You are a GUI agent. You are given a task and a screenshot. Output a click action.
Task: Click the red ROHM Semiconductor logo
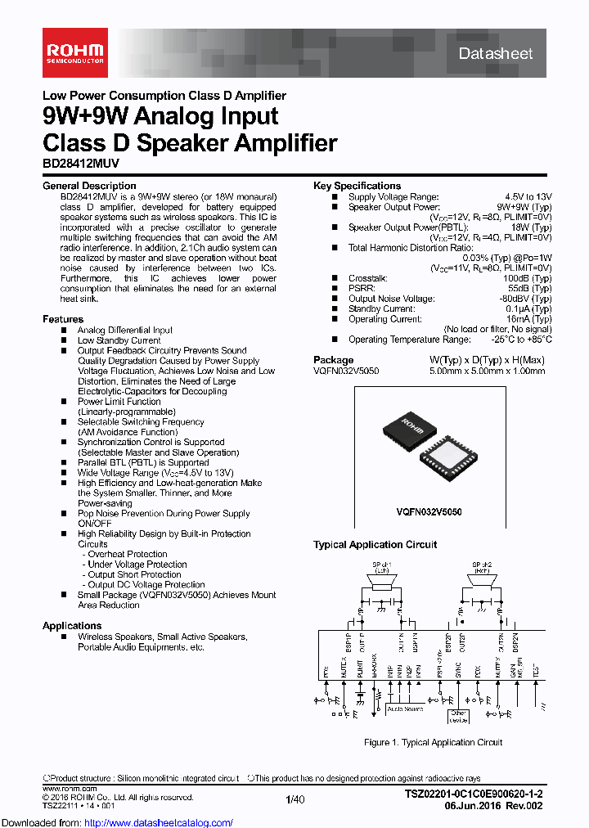pos(73,53)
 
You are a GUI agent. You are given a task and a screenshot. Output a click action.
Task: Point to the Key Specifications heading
pos(357,186)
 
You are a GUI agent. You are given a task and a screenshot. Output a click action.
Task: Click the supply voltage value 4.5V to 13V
pos(528,196)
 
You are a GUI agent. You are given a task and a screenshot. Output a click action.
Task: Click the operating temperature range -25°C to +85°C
pos(521,340)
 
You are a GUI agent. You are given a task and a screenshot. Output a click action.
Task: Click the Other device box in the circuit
pos(458,716)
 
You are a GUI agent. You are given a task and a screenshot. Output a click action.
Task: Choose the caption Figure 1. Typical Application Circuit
pos(433,743)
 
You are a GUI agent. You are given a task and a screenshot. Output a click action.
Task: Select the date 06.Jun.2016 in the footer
pos(493,805)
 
